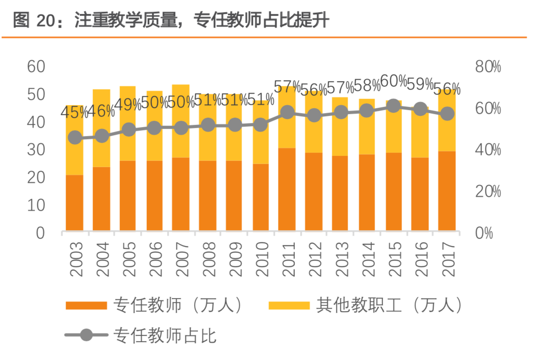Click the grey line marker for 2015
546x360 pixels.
tap(393, 106)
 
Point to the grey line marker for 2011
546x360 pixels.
tap(287, 112)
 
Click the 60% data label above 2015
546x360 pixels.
tap(393, 82)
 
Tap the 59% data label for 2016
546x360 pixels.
tap(420, 84)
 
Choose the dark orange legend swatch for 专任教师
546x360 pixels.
tap(86, 305)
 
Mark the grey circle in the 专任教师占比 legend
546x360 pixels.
tap(86, 335)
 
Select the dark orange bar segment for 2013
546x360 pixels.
tap(340, 193)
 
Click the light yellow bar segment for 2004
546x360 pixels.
tap(101, 128)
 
